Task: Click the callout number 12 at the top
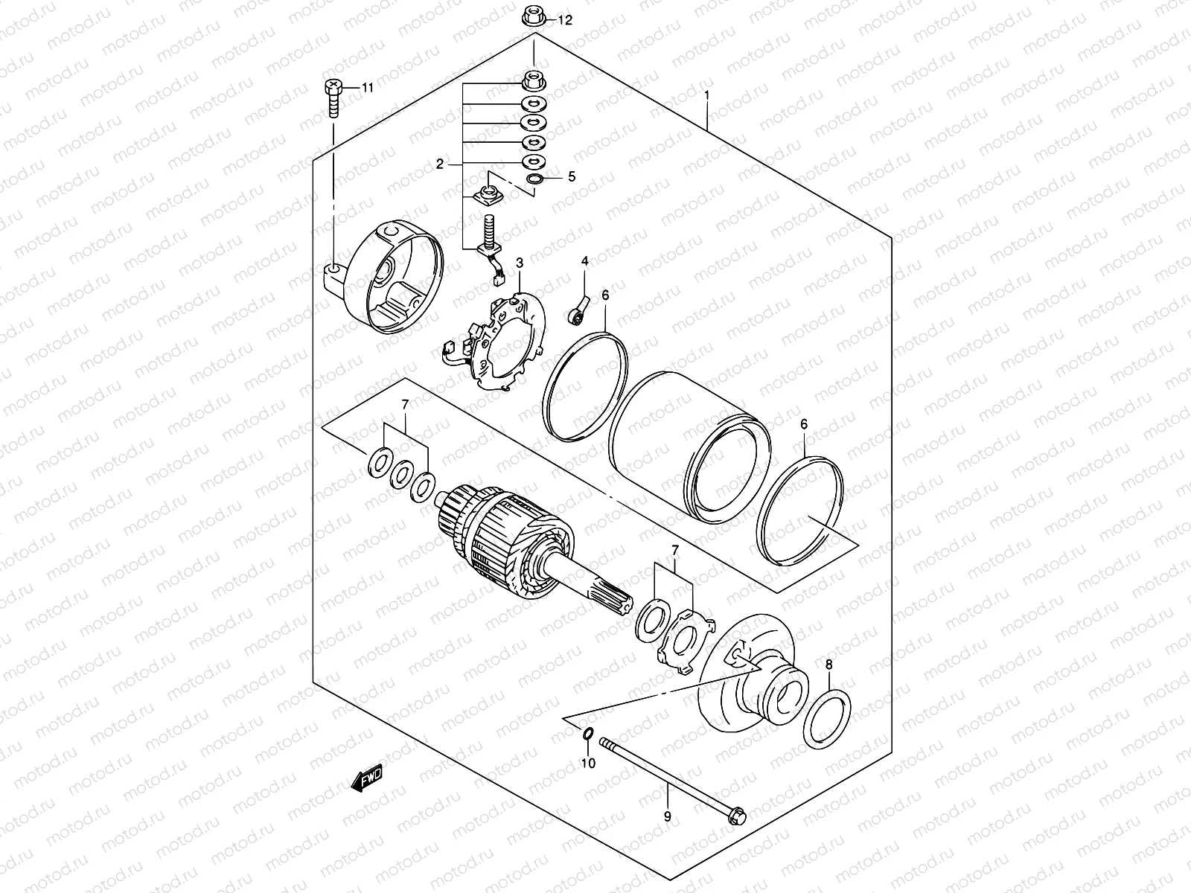(x=565, y=20)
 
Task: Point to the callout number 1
(x=706, y=96)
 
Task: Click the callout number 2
(x=440, y=164)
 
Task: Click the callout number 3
(x=520, y=263)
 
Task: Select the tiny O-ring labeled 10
(x=587, y=735)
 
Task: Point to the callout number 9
(x=668, y=816)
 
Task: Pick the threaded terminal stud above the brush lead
(x=489, y=228)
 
